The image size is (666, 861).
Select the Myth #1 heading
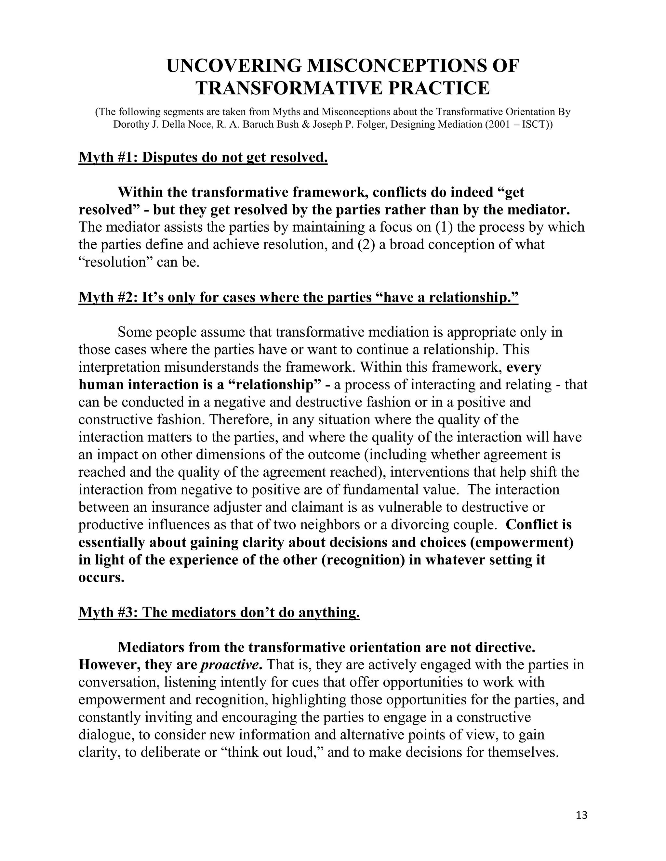tap(203, 157)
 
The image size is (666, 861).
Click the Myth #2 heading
tap(298, 297)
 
